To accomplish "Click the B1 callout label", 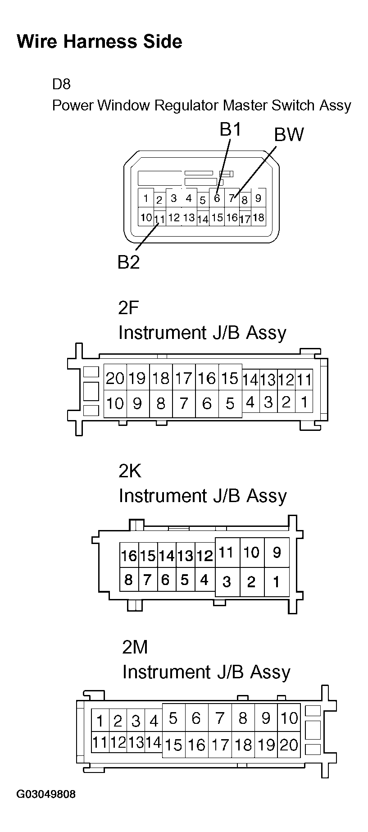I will [231, 130].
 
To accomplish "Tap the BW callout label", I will [289, 135].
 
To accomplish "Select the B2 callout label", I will [128, 262].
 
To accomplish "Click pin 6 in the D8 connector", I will [217, 198].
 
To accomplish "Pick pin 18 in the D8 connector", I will [258, 217].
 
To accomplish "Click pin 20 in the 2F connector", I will [115, 379].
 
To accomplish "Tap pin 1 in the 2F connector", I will [304, 402].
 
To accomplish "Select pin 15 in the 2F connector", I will [230, 379].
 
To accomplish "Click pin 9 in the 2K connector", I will [277, 552].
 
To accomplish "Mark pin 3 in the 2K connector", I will [227, 582].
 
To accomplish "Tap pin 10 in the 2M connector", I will [289, 718].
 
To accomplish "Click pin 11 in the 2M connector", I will [100, 742].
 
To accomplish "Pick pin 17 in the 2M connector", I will [220, 745].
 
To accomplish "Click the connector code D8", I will [61, 84].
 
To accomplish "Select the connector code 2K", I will [130, 471].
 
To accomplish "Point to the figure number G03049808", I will [46, 807].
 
